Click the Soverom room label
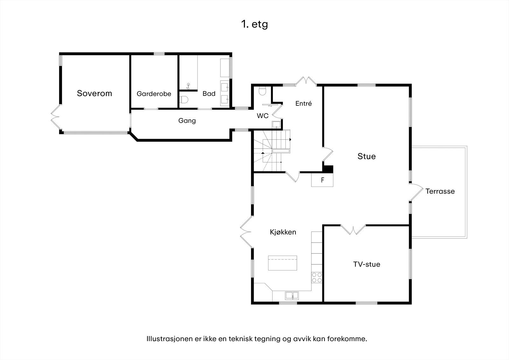click(x=94, y=93)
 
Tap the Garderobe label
click(x=154, y=94)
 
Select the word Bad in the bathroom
click(x=209, y=94)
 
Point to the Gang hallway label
click(x=187, y=121)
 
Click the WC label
click(x=263, y=116)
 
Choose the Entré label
click(x=303, y=103)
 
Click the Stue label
click(x=366, y=156)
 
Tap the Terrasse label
click(x=440, y=191)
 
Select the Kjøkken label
click(x=283, y=232)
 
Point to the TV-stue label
click(x=366, y=264)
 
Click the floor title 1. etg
click(x=254, y=24)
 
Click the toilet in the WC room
click(x=262, y=91)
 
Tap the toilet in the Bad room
click(x=184, y=99)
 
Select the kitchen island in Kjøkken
click(x=282, y=263)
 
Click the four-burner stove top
click(x=317, y=278)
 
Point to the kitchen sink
click(x=292, y=295)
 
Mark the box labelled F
click(x=322, y=180)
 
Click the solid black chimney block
click(x=328, y=169)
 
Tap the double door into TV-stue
click(x=353, y=230)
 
